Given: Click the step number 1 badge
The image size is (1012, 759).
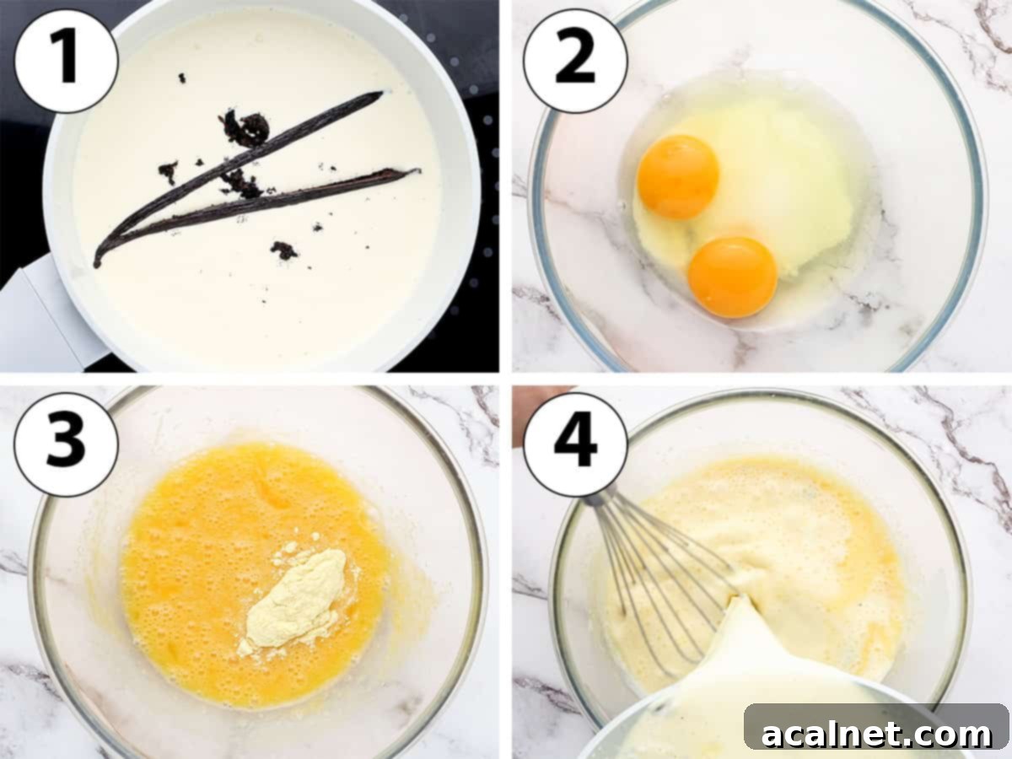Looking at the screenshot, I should click(x=65, y=60).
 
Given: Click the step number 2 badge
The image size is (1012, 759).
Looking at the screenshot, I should click(x=575, y=60).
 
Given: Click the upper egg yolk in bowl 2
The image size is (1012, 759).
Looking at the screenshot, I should click(x=678, y=177).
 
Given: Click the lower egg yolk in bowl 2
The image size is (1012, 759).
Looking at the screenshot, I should click(x=732, y=277).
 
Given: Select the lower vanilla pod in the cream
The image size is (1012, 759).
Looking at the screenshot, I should click(x=278, y=202).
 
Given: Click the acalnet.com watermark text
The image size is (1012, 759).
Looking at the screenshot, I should click(x=877, y=734).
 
